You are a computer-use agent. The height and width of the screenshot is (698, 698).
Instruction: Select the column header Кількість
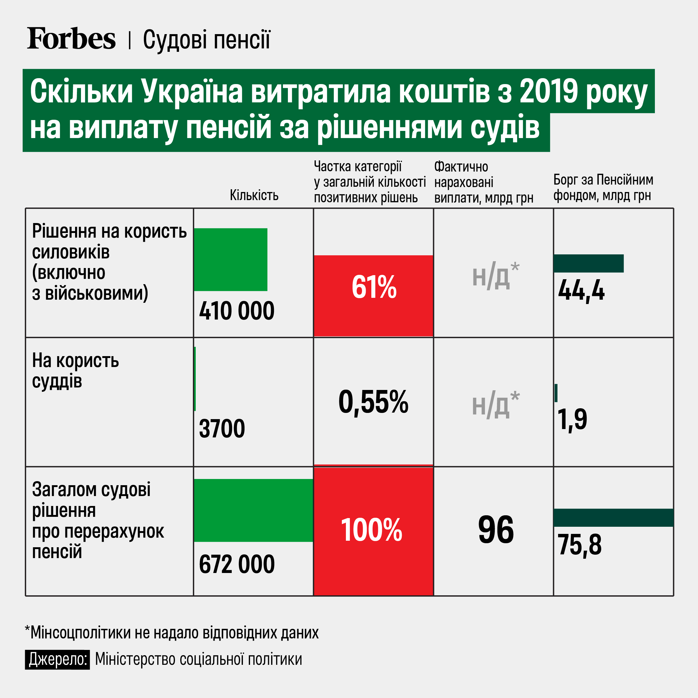(254, 195)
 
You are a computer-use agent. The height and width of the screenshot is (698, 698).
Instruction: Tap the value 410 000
(237, 311)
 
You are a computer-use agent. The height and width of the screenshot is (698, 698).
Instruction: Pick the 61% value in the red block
(374, 287)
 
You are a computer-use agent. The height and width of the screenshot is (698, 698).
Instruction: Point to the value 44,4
(581, 290)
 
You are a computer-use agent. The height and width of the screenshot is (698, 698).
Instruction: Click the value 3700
(222, 429)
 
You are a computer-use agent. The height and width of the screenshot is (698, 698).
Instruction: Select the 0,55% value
(373, 402)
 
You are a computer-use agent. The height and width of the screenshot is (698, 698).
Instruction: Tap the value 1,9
(572, 419)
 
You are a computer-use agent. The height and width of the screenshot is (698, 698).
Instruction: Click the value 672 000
(237, 564)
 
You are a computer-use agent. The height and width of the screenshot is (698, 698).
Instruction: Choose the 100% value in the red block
(371, 530)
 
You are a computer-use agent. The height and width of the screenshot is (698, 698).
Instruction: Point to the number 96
(496, 530)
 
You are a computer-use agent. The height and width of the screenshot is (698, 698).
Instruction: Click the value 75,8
(579, 545)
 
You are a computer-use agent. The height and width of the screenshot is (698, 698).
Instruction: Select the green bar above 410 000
(230, 259)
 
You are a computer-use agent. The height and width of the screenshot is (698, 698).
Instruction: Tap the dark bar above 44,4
(588, 263)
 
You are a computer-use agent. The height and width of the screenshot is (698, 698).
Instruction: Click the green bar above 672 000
(253, 510)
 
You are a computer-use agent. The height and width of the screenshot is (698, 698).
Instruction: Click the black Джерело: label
(57, 659)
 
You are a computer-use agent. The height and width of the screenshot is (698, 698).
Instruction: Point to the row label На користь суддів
(75, 371)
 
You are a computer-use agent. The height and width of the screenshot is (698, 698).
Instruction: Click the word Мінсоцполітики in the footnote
(80, 633)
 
